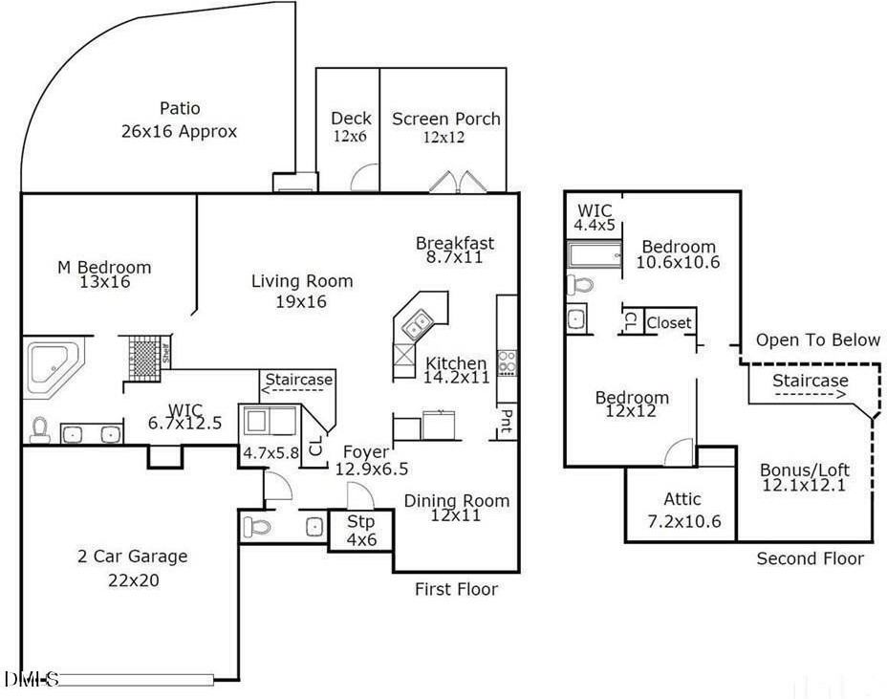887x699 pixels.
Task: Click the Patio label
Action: point(179,120)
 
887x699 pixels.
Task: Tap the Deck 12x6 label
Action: point(351,126)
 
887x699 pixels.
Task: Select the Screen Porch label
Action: point(445,126)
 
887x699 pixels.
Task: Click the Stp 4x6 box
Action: point(359,530)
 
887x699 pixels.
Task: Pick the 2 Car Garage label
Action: point(132,565)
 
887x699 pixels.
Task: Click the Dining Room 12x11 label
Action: point(456,508)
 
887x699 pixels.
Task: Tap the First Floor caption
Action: point(456,589)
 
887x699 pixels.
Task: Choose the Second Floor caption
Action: point(810,558)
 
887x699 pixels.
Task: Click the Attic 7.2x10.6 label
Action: point(682,510)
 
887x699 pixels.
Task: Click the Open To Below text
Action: point(817,339)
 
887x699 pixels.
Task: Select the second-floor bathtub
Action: point(594,254)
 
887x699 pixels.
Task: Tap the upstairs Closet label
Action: point(668,323)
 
